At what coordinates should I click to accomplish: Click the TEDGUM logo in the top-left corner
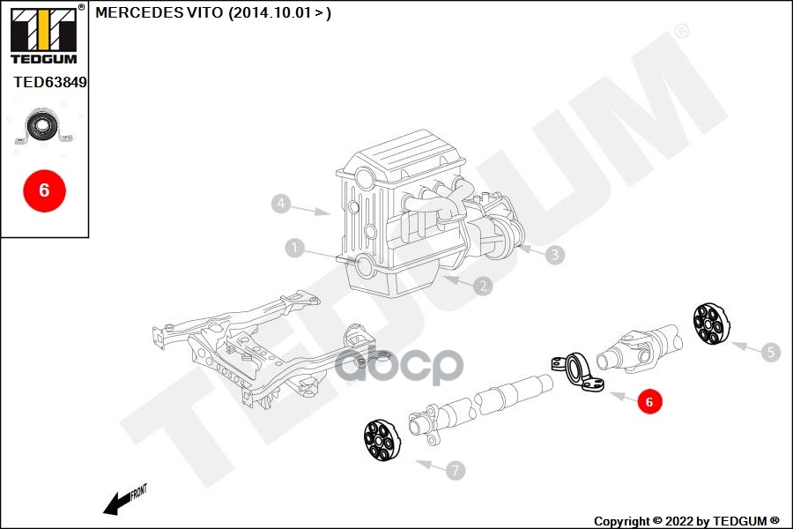[x=43, y=34]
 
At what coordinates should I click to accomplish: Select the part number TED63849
[x=50, y=82]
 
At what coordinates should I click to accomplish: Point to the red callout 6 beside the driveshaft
[x=649, y=402]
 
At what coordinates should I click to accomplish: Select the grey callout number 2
[x=482, y=286]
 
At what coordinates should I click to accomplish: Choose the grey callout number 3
[x=554, y=256]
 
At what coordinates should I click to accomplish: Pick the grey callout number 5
[x=771, y=353]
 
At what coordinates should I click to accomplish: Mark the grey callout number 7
[x=455, y=471]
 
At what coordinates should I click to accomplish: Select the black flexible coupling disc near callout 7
[x=382, y=440]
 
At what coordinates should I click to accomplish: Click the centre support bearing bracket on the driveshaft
[x=578, y=376]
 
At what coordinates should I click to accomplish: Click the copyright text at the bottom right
[x=686, y=521]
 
